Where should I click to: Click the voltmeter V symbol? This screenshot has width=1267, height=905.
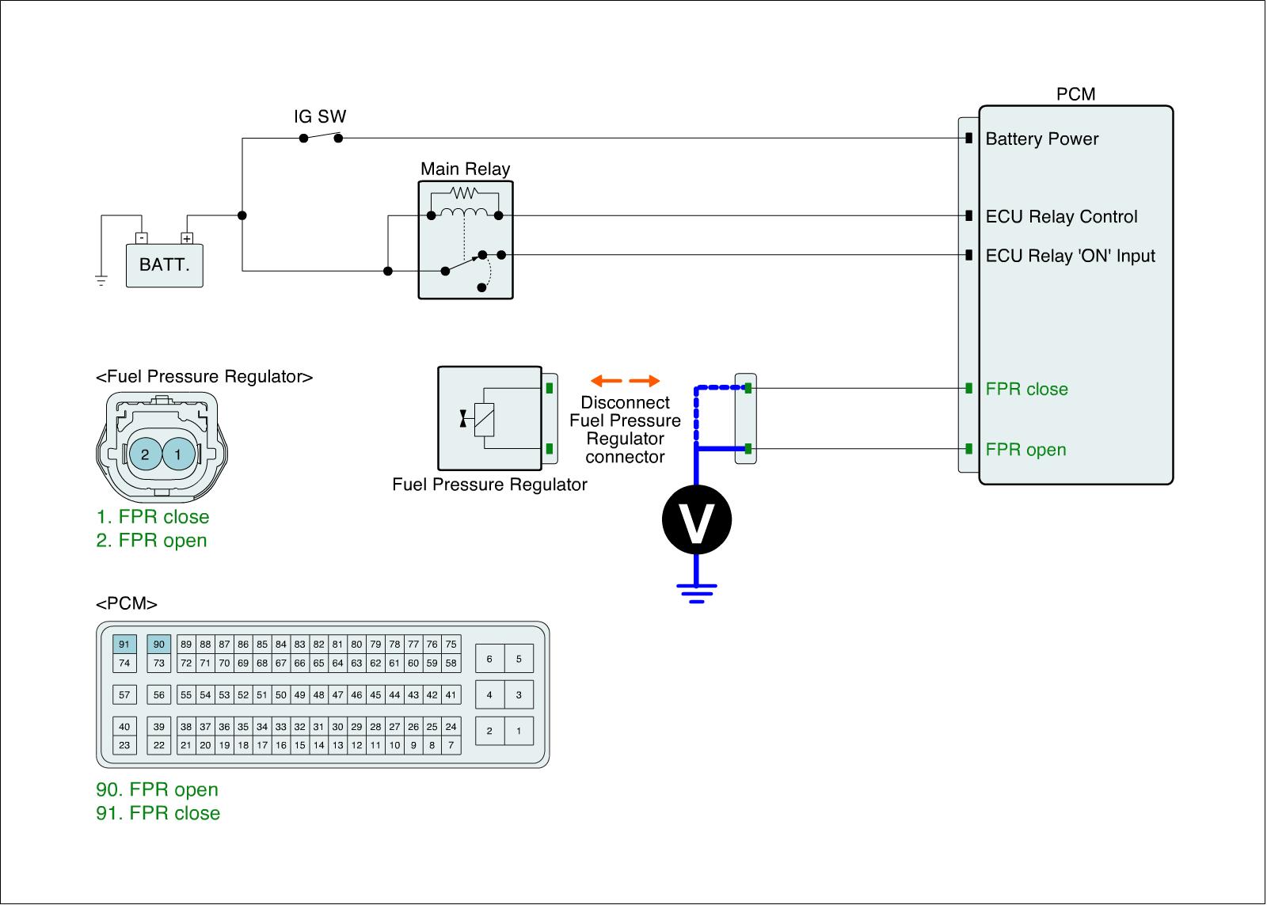(697, 519)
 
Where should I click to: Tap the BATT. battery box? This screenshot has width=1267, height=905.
(164, 265)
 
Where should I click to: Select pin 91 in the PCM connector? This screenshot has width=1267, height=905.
(124, 644)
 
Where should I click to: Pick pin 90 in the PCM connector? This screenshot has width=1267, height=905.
(159, 644)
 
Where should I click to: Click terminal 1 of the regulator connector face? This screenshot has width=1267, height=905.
(178, 454)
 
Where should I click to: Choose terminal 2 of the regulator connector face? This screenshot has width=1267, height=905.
(146, 454)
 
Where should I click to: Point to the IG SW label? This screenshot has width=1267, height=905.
(320, 116)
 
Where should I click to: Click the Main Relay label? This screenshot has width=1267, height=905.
(465, 169)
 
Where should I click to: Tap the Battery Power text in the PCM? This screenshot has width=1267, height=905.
(1042, 139)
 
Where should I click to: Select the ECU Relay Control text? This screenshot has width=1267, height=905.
(1061, 216)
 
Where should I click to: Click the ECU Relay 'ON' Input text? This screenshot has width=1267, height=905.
(1070, 256)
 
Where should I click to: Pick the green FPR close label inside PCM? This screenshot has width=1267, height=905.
(1026, 389)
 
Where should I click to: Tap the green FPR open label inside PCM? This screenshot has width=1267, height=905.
(1025, 449)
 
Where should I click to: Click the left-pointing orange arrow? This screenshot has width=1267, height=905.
(606, 381)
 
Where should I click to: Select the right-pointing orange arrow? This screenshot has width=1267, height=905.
(645, 381)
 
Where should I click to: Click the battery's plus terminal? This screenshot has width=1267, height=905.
(187, 238)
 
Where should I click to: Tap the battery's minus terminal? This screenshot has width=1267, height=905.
(142, 238)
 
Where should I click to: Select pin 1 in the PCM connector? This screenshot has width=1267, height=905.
(519, 731)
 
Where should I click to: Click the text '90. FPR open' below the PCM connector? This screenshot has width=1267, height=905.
(157, 789)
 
